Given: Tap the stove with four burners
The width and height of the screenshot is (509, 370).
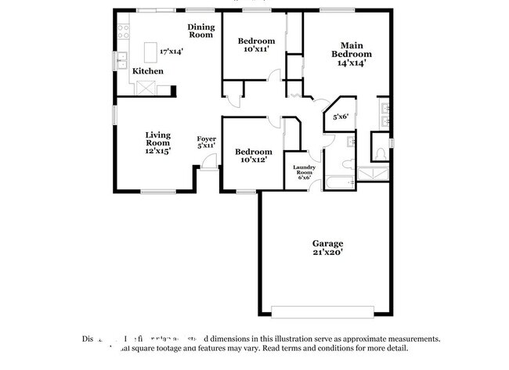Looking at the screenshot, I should click(122, 32).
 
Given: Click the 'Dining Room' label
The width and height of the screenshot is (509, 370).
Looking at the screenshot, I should click(200, 31).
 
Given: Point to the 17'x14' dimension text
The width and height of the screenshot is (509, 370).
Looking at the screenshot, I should click(171, 51).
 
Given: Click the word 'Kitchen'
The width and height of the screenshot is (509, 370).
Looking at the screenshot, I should click(147, 71).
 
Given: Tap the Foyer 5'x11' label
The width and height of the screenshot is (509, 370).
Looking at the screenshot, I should click(206, 142).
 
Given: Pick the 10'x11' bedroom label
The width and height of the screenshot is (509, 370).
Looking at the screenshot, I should click(256, 45).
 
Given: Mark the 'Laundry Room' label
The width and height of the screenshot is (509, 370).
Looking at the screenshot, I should click(304, 171).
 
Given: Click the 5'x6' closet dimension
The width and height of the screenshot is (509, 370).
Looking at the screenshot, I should click(341, 117).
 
